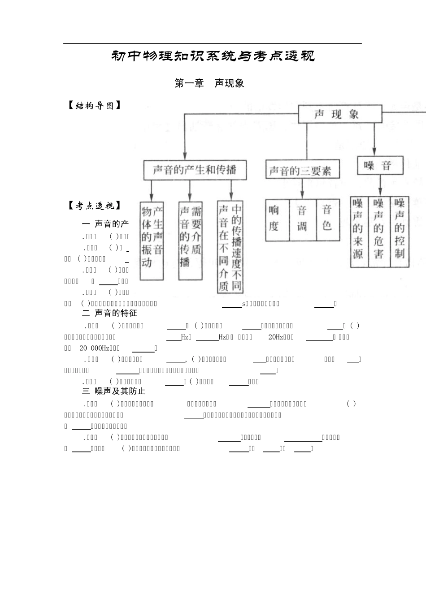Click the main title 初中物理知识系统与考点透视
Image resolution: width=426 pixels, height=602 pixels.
(x=213, y=56)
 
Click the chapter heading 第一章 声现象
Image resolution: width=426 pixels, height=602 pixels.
(x=209, y=83)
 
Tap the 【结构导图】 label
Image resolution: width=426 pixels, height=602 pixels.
(x=94, y=106)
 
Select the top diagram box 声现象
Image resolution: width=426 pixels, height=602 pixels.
(x=340, y=114)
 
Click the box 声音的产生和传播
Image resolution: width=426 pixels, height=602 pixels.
(x=195, y=170)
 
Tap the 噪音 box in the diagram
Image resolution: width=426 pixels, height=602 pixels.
(x=380, y=165)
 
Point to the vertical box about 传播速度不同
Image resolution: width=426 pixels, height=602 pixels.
(x=230, y=246)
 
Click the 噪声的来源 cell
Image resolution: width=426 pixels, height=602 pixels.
(x=359, y=232)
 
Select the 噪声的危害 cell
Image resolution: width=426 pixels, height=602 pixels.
(x=379, y=232)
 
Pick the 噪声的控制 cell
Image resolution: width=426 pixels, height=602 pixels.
(x=400, y=232)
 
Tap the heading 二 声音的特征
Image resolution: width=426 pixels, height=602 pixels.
(x=110, y=313)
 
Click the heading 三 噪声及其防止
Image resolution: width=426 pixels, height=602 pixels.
(x=114, y=391)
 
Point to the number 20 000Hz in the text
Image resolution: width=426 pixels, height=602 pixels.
(x=95, y=348)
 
